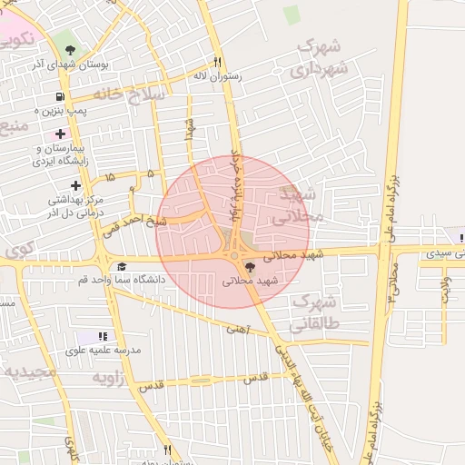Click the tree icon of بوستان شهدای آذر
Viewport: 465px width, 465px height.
click(65, 46)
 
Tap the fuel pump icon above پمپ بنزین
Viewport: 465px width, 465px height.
click(60, 96)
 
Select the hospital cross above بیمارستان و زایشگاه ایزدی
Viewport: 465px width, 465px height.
click(61, 134)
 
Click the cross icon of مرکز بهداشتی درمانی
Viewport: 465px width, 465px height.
click(75, 185)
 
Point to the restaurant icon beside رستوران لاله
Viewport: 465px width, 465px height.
click(217, 62)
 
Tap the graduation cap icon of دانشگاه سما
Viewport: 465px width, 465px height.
click(122, 267)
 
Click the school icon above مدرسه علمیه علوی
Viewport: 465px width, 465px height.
click(103, 336)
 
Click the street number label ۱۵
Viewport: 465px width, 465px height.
click(110, 176)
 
